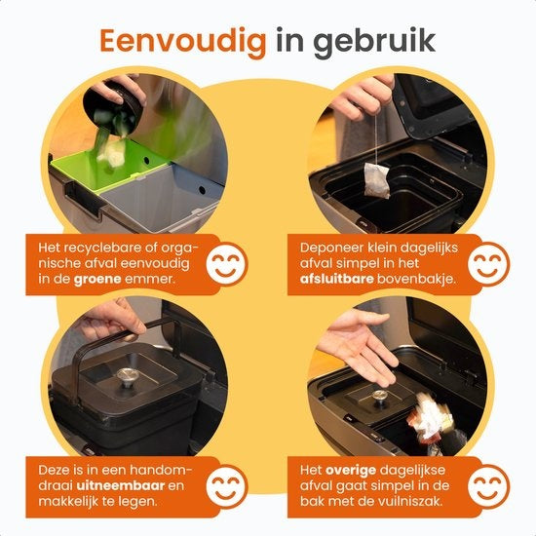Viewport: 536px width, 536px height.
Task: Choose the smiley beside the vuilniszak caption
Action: pyautogui.click(x=491, y=485)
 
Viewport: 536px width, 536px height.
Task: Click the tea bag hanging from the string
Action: pyautogui.click(x=375, y=180)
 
